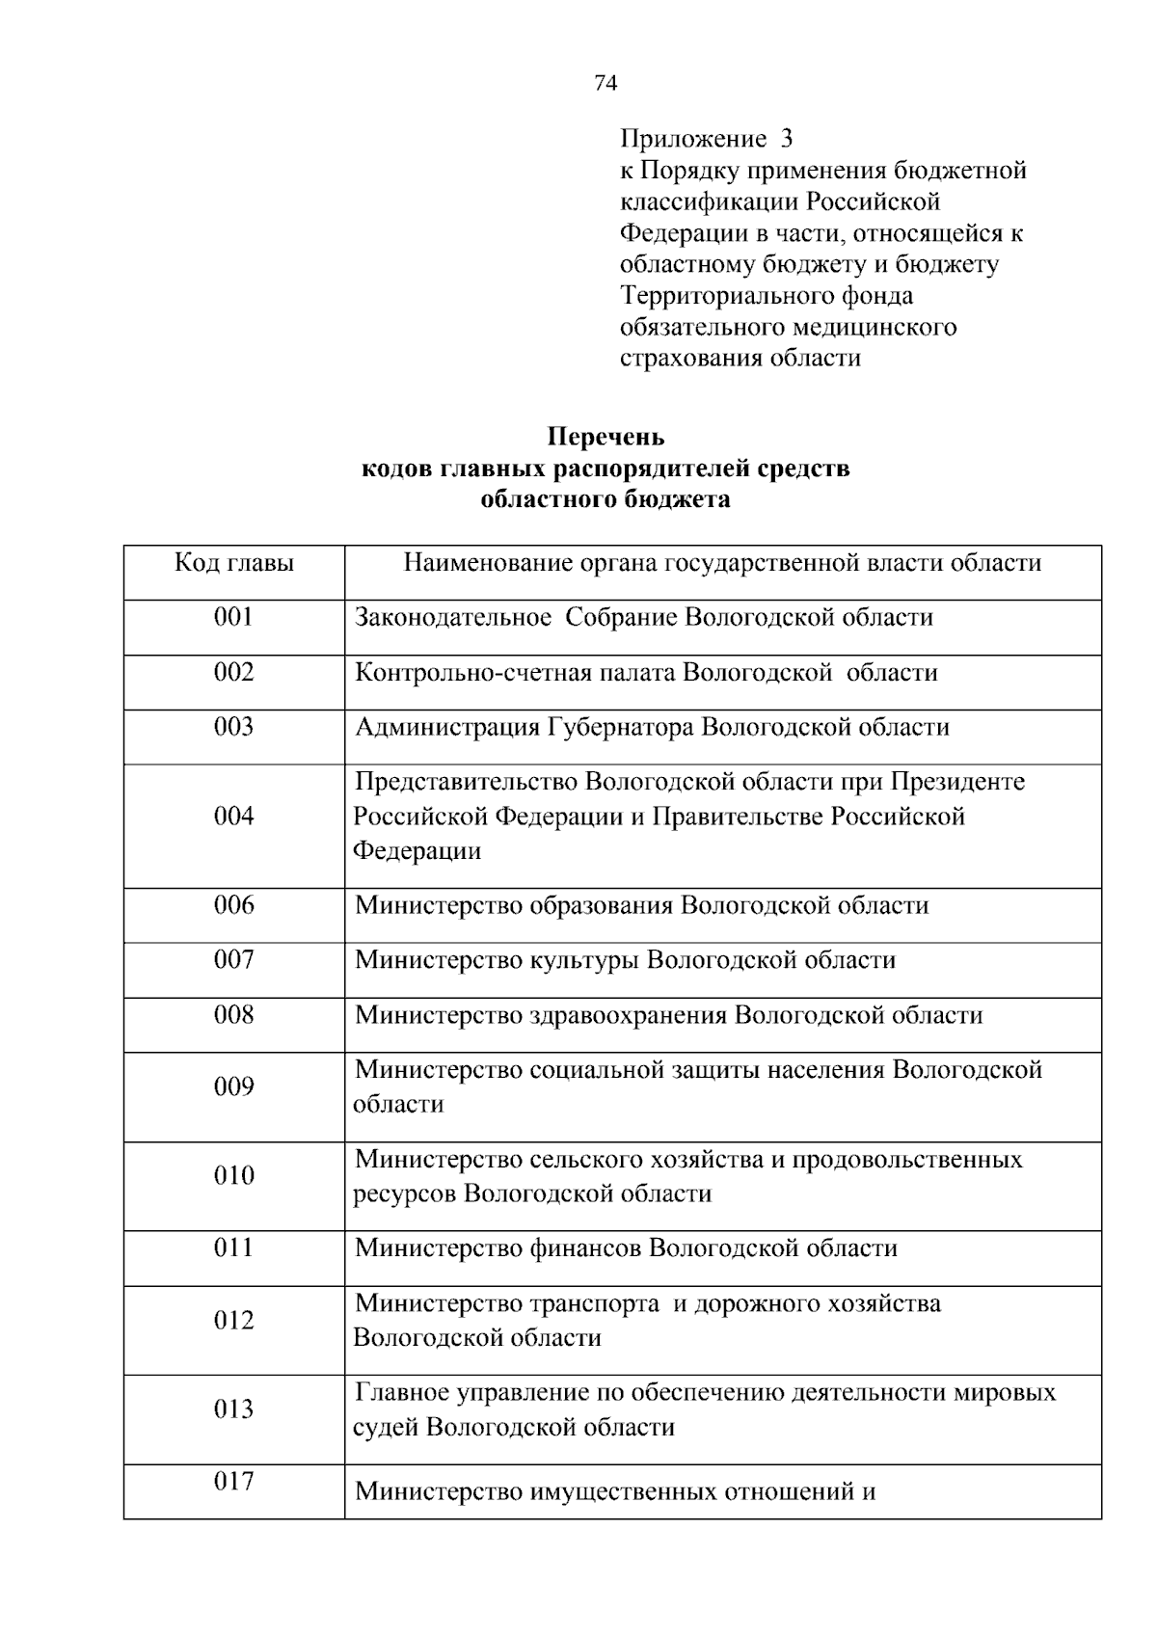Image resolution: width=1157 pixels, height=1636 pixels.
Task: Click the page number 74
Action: [605, 83]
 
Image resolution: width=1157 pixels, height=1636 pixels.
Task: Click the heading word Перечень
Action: [605, 438]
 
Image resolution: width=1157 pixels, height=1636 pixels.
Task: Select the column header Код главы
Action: [234, 563]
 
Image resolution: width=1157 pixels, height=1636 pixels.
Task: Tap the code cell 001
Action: [233, 617]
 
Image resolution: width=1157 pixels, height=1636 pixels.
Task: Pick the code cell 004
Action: [233, 817]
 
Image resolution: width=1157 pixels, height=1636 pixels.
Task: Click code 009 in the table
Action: [233, 1087]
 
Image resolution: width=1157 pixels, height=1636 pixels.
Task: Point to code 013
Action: [233, 1410]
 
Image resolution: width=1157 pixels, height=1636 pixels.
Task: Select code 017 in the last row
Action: [233, 1482]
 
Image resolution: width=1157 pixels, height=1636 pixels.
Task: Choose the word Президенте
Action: [957, 782]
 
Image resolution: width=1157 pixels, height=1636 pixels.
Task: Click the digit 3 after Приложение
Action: [786, 140]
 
